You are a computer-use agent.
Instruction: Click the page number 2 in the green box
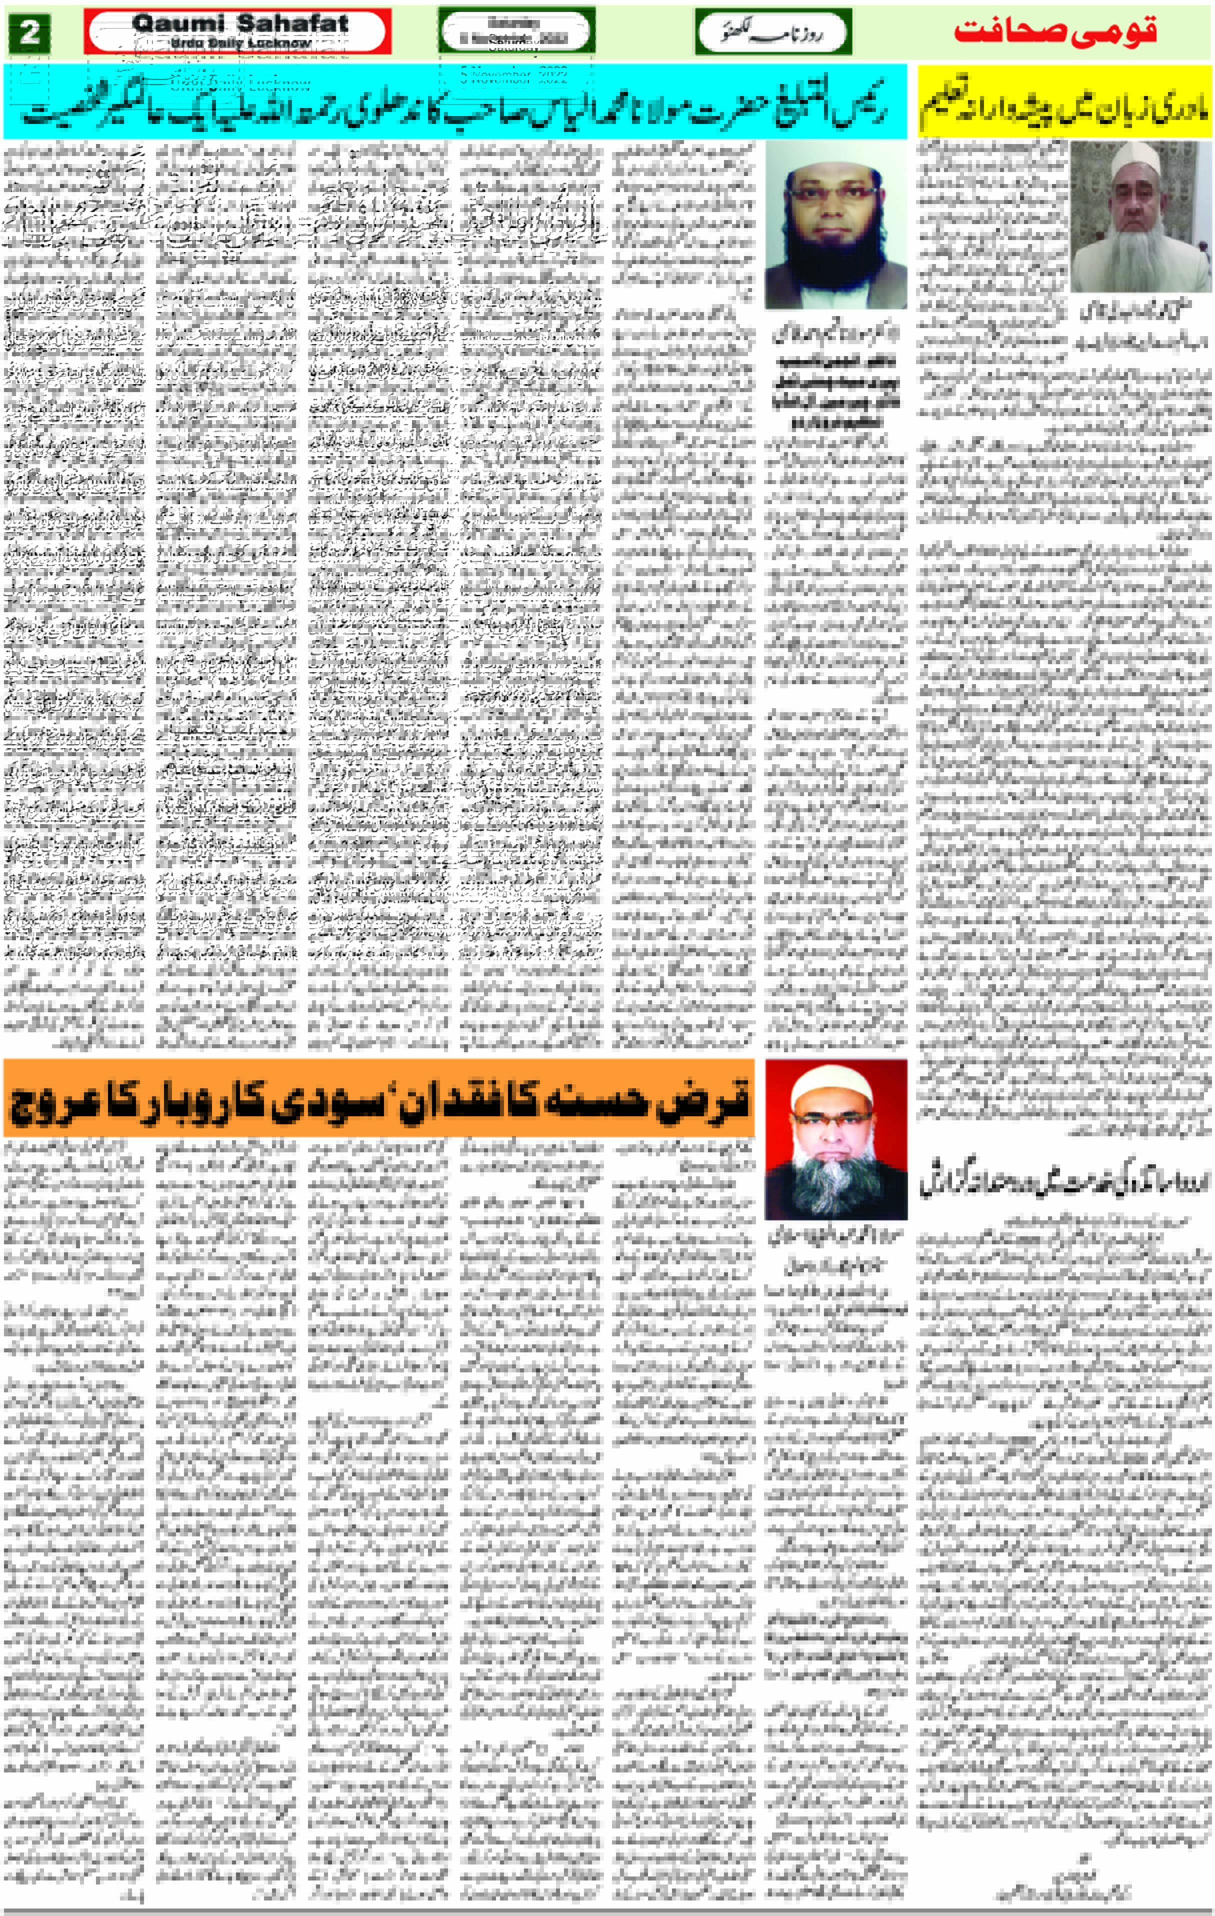click(29, 34)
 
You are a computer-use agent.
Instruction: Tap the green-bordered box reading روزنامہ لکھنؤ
click(772, 33)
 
